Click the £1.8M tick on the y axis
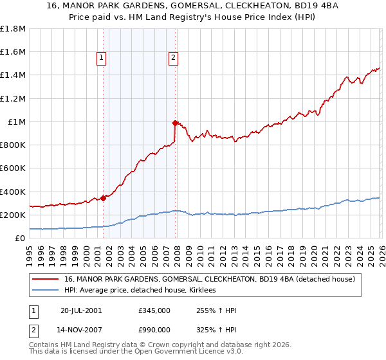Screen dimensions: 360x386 tap(13, 29)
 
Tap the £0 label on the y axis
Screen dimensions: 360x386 tap(21, 238)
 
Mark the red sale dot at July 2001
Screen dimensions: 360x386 tap(103, 198)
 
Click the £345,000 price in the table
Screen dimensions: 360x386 tap(154, 310)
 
